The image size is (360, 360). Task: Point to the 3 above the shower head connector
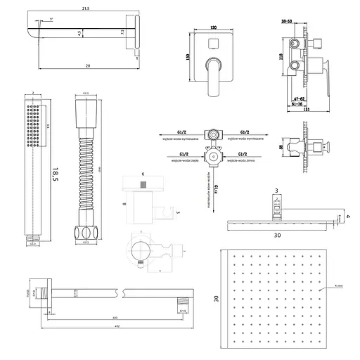pyautogui.click(x=277, y=191)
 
